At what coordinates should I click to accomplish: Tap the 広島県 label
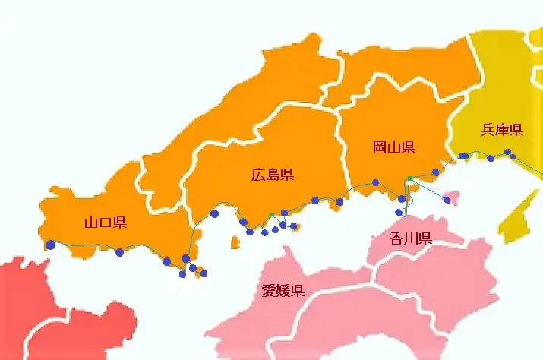[x=272, y=175]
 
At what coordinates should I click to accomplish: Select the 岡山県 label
[x=393, y=147]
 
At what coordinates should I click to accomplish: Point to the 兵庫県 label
[x=502, y=130]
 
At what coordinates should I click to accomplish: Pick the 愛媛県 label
[x=283, y=290]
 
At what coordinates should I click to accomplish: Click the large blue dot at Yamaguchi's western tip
[x=50, y=245]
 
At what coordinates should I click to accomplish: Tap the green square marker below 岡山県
[x=409, y=178]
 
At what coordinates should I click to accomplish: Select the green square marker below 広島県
[x=272, y=215]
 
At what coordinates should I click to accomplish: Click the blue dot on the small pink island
[x=447, y=201]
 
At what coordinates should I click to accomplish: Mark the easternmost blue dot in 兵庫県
[x=513, y=156]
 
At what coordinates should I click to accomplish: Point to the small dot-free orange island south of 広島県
[x=235, y=243]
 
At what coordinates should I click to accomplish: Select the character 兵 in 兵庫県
[x=488, y=130]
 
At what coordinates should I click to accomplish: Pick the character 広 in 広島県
[x=257, y=175]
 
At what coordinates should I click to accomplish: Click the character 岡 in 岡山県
[x=379, y=147]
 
